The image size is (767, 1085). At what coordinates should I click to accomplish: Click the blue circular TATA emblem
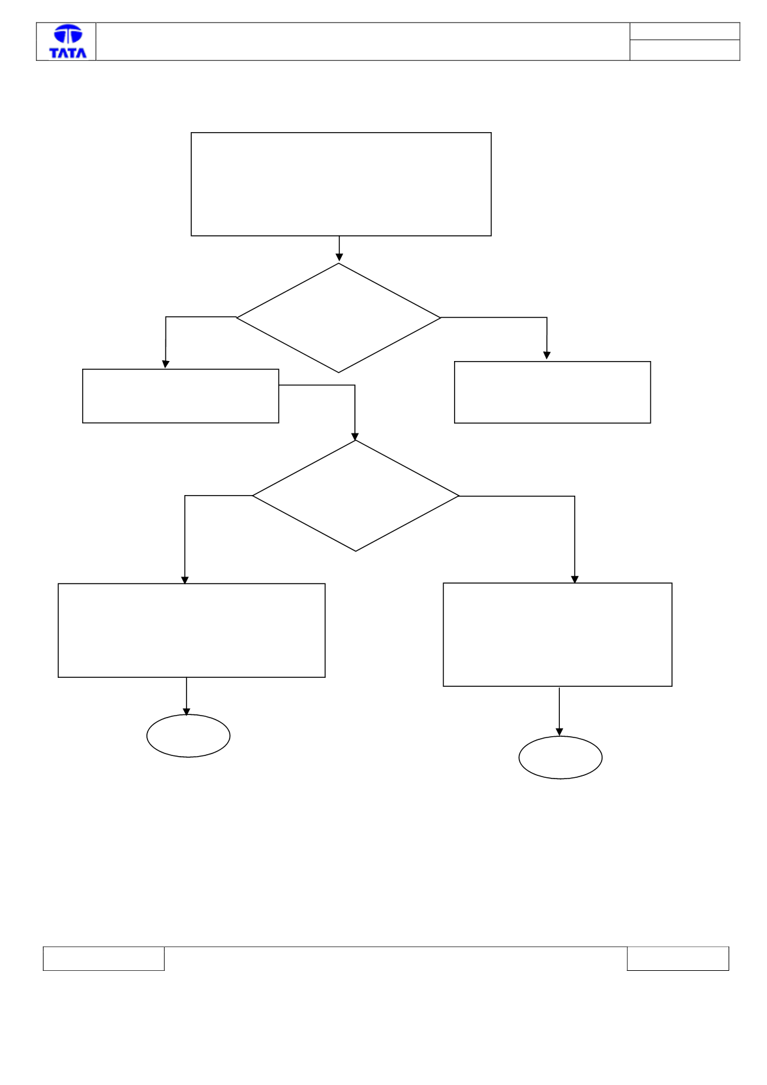point(68,35)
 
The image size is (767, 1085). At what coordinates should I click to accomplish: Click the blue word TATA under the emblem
point(68,53)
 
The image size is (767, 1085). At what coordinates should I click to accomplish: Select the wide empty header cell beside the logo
point(362,42)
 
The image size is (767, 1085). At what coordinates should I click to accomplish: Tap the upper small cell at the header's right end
point(685,31)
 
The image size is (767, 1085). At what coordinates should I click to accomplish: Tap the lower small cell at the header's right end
point(685,51)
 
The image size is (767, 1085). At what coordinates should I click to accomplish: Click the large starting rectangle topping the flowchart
point(341,184)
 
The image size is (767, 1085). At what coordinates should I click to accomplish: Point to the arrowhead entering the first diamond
point(339,257)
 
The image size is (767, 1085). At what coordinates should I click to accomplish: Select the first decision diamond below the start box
point(339,318)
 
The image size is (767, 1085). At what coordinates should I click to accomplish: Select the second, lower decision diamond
point(356,496)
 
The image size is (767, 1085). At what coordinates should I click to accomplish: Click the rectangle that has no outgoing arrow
point(552,392)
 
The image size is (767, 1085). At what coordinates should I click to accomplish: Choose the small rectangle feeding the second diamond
point(181,396)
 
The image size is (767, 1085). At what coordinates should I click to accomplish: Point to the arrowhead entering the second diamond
point(355,437)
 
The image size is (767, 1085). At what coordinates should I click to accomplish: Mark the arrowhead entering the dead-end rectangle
point(546,355)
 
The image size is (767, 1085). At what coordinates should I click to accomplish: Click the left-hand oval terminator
point(189,736)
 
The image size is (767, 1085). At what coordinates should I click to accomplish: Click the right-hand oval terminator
point(560,757)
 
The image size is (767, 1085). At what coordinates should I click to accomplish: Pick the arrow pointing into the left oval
point(187,696)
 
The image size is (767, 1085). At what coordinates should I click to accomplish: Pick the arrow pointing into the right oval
point(559,712)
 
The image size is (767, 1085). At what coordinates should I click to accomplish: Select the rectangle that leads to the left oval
point(191,630)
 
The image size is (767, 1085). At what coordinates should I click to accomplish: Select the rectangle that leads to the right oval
point(558,635)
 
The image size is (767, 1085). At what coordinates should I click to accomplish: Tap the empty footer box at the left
point(104,959)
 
